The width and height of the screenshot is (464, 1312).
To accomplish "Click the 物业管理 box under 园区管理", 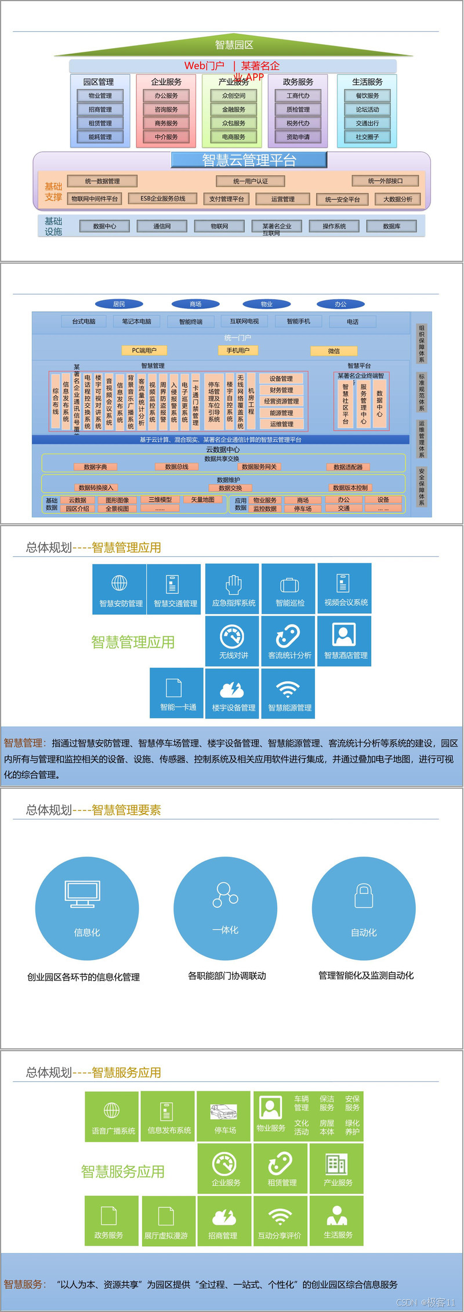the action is coord(100,96).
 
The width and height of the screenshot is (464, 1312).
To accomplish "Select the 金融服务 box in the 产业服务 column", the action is coord(234,109).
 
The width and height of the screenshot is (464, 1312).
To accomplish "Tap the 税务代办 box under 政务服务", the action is coord(298,123).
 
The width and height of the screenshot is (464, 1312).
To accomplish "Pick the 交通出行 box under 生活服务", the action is coord(367,123).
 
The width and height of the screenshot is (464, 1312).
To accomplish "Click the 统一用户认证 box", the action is coord(251,181).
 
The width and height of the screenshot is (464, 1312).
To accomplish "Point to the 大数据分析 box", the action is coord(398,199).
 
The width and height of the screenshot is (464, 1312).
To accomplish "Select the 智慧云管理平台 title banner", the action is coord(249,160).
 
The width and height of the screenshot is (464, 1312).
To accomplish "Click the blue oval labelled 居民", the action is coord(119,304).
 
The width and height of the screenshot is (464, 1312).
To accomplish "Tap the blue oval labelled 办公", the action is coord(340,304).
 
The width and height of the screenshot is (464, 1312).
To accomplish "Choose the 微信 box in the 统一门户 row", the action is coord(334,351).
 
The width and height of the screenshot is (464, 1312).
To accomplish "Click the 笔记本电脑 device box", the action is coord(137,321).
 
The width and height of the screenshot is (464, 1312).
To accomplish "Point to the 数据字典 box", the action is coord(95,466).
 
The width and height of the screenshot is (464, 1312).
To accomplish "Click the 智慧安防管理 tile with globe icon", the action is coord(120,589).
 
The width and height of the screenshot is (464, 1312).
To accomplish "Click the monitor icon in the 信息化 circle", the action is coord(82,894).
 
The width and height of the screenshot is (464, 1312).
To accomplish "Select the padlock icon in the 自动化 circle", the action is coord(364,896).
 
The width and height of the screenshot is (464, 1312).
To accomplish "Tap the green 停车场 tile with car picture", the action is coord(224,1116).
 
